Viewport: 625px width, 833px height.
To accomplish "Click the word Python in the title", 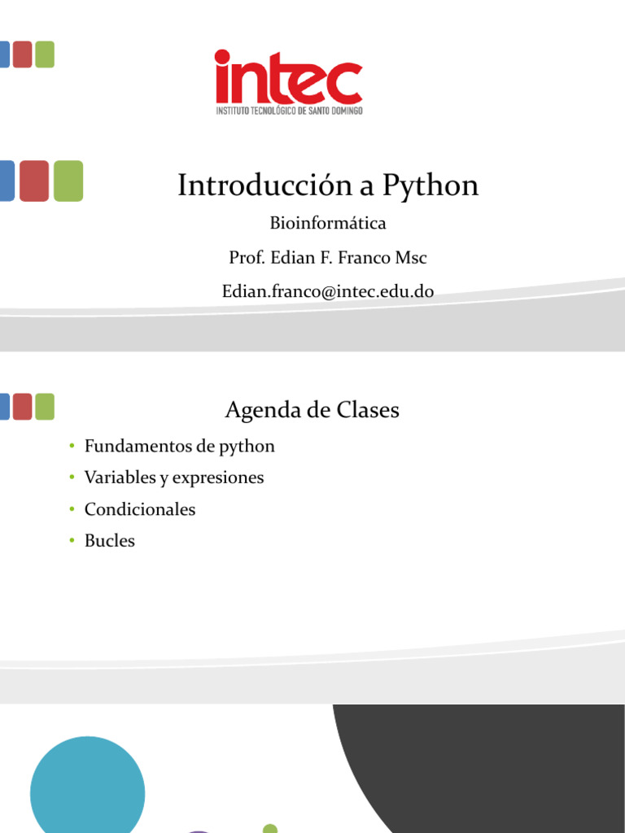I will click(430, 186).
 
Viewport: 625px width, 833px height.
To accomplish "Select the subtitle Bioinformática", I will click(327, 223).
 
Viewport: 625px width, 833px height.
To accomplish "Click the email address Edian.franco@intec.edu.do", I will click(328, 291).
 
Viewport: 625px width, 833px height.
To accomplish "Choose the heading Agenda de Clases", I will click(312, 410).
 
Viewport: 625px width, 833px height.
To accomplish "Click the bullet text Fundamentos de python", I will click(180, 447).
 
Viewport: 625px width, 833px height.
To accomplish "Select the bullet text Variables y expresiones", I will click(174, 478).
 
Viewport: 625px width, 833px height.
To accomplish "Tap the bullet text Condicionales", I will click(140, 510).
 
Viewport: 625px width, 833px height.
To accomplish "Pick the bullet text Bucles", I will click(110, 541).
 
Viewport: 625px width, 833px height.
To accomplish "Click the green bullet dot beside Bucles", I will click(72, 541).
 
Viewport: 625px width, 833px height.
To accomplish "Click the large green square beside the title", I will click(68, 181).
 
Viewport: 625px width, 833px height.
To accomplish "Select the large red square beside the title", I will click(33, 181).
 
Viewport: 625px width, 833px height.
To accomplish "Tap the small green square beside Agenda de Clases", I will click(45, 407).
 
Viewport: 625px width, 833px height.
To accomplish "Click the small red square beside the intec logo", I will click(22, 55).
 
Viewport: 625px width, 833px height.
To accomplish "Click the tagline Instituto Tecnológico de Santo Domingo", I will click(289, 110).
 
